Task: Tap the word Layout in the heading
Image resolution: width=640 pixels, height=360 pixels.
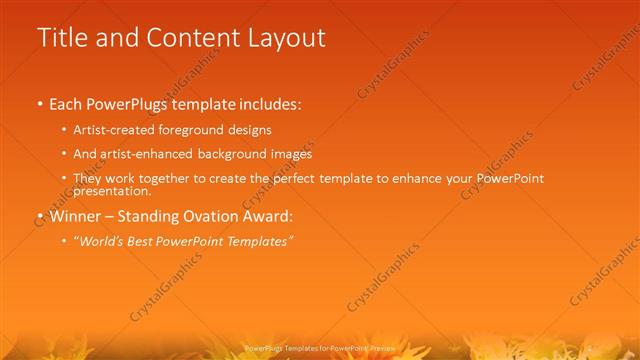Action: pos(282,38)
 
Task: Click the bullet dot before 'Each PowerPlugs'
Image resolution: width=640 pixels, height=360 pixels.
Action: pos(39,103)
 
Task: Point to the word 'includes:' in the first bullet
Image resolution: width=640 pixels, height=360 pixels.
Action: pos(268,103)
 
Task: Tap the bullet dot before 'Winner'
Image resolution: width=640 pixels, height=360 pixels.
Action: pos(39,216)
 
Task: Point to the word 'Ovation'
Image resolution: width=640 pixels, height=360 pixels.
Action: pos(233,216)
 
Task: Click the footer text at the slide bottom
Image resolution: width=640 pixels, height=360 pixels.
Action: pos(320,347)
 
